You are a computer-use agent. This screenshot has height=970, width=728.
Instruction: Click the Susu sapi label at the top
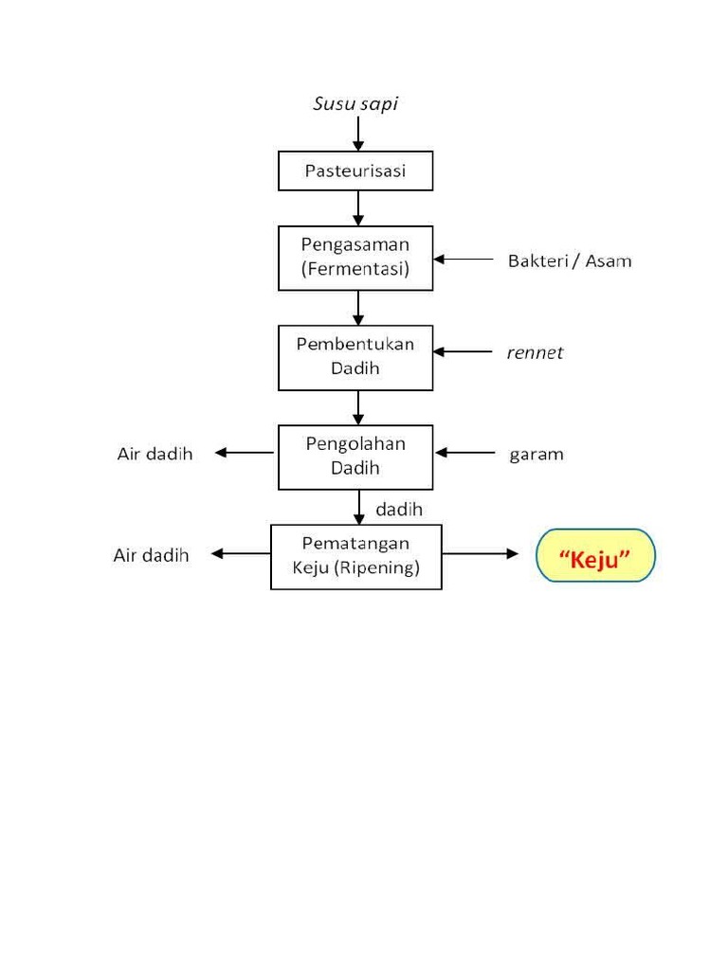pos(355,104)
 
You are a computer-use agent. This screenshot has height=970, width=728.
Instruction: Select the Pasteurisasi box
pos(355,171)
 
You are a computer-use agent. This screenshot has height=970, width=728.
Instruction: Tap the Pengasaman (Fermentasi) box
pos(355,258)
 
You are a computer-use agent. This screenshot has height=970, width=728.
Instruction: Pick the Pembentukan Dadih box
pos(355,357)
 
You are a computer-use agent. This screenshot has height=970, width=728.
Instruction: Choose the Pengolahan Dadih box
pos(355,458)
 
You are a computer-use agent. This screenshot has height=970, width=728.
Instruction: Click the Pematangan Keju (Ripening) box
pos(356,557)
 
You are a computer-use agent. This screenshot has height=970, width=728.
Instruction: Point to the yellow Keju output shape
pos(595,555)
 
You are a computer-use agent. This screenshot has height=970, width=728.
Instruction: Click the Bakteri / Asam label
pos(570,261)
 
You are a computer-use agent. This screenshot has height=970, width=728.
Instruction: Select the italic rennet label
pos(535,352)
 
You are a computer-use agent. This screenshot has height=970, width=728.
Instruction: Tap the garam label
pos(537,455)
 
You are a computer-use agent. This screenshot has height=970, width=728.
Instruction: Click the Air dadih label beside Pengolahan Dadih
pos(155,454)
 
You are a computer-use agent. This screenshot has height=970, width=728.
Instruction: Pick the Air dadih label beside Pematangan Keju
pos(151,555)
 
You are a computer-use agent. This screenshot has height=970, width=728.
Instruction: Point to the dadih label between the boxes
pos(399,509)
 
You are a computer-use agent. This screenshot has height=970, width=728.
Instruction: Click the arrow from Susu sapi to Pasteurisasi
pos(357,134)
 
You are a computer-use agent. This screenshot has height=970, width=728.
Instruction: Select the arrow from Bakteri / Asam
pos(463,260)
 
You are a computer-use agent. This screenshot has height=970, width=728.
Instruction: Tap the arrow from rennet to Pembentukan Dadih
pos(463,352)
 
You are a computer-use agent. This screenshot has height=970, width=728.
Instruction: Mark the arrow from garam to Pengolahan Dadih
pos(464,453)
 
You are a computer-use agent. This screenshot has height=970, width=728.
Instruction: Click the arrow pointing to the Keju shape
pos(481,553)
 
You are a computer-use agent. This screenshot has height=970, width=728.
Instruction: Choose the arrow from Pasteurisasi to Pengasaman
pos(357,207)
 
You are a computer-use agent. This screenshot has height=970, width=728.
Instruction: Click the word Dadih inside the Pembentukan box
pos(355,368)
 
